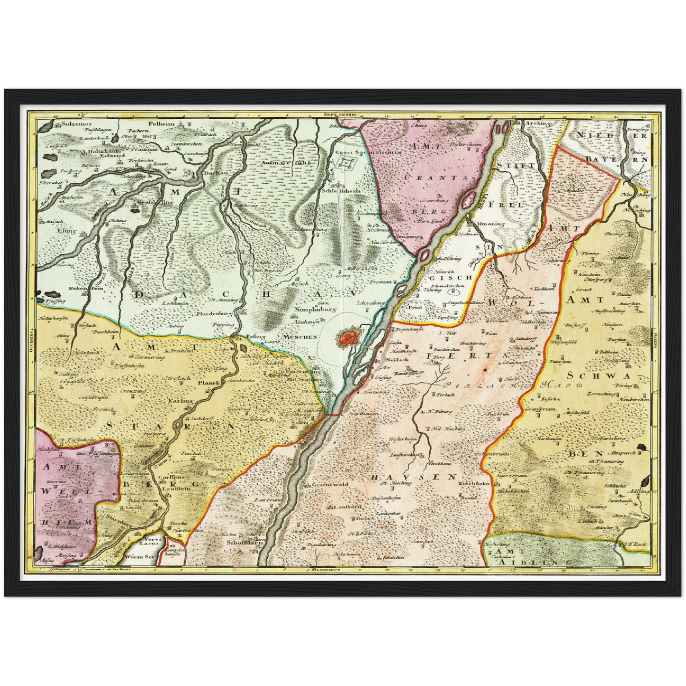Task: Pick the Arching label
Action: pos(537,123)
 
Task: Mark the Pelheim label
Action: pos(161,124)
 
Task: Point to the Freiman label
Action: pos(380,281)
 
